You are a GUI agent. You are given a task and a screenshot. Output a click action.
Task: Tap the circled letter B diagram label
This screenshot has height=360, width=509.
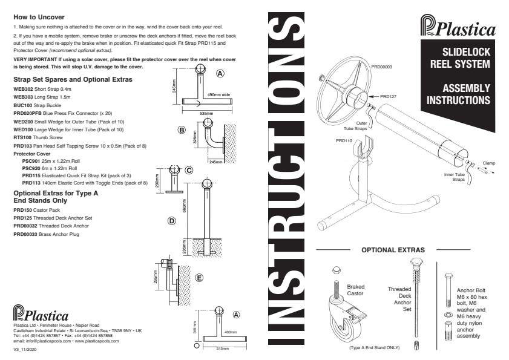point(180,129)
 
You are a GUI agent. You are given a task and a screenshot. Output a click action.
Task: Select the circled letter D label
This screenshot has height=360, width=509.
point(171,221)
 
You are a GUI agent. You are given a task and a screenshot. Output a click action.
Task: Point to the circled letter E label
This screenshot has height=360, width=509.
point(199,278)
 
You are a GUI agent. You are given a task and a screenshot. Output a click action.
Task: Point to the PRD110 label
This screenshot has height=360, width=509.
point(344,140)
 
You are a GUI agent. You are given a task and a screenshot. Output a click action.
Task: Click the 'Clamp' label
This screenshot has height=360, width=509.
point(488,162)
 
